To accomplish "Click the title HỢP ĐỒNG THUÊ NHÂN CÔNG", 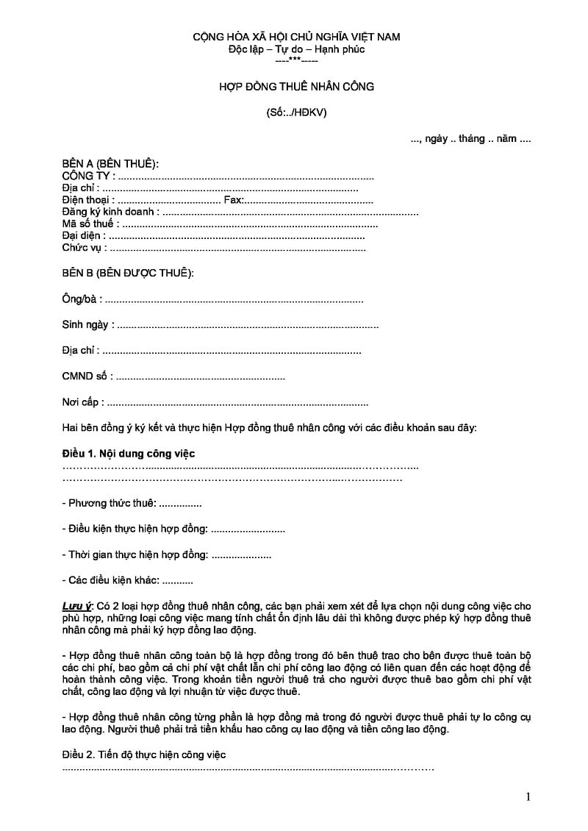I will pos(296,87).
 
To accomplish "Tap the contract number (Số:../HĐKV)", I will pos(296,113).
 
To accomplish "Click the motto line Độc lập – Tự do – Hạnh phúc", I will pos(296,49).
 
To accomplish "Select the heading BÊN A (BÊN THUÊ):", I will pos(110,163).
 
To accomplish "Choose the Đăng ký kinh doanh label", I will pos(109,213).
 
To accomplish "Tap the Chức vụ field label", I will pos(83,249).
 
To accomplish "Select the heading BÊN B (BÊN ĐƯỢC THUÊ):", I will pos(128,274).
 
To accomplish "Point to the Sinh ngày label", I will pos(87,325).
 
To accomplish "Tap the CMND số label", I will pos(87,377).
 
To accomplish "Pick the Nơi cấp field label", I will pos(82,403).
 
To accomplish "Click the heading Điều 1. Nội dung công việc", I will pos(128,454).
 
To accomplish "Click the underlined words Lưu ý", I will pos(76,605).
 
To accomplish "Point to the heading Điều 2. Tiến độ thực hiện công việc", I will pos(144,755).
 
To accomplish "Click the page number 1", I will pos(528,797).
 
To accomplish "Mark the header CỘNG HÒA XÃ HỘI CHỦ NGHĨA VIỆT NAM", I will pos(296,37).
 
